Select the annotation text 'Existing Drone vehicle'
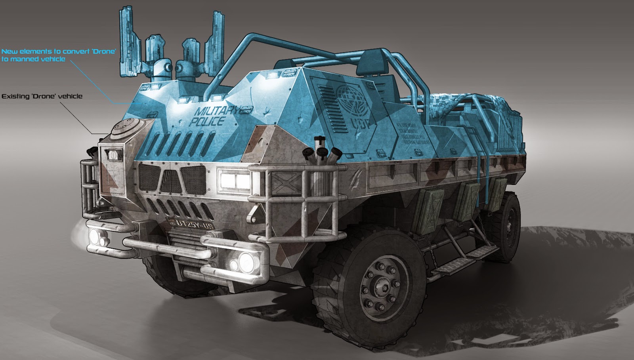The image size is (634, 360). point(42,96)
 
